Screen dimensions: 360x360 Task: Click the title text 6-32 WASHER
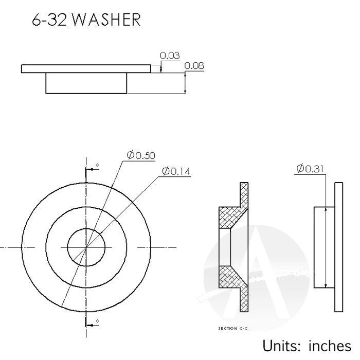pos(85,20)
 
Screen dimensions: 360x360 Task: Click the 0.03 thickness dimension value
pos(170,56)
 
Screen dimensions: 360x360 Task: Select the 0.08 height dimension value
pos(194,66)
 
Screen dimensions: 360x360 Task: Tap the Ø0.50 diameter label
pos(141,155)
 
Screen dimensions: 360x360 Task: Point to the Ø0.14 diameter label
pos(176,171)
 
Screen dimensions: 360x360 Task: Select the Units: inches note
pos(307,345)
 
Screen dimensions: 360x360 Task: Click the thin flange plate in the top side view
pos(86,69)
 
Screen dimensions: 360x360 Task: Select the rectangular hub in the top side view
pos(86,83)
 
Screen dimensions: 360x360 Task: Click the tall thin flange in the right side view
pos(338,247)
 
